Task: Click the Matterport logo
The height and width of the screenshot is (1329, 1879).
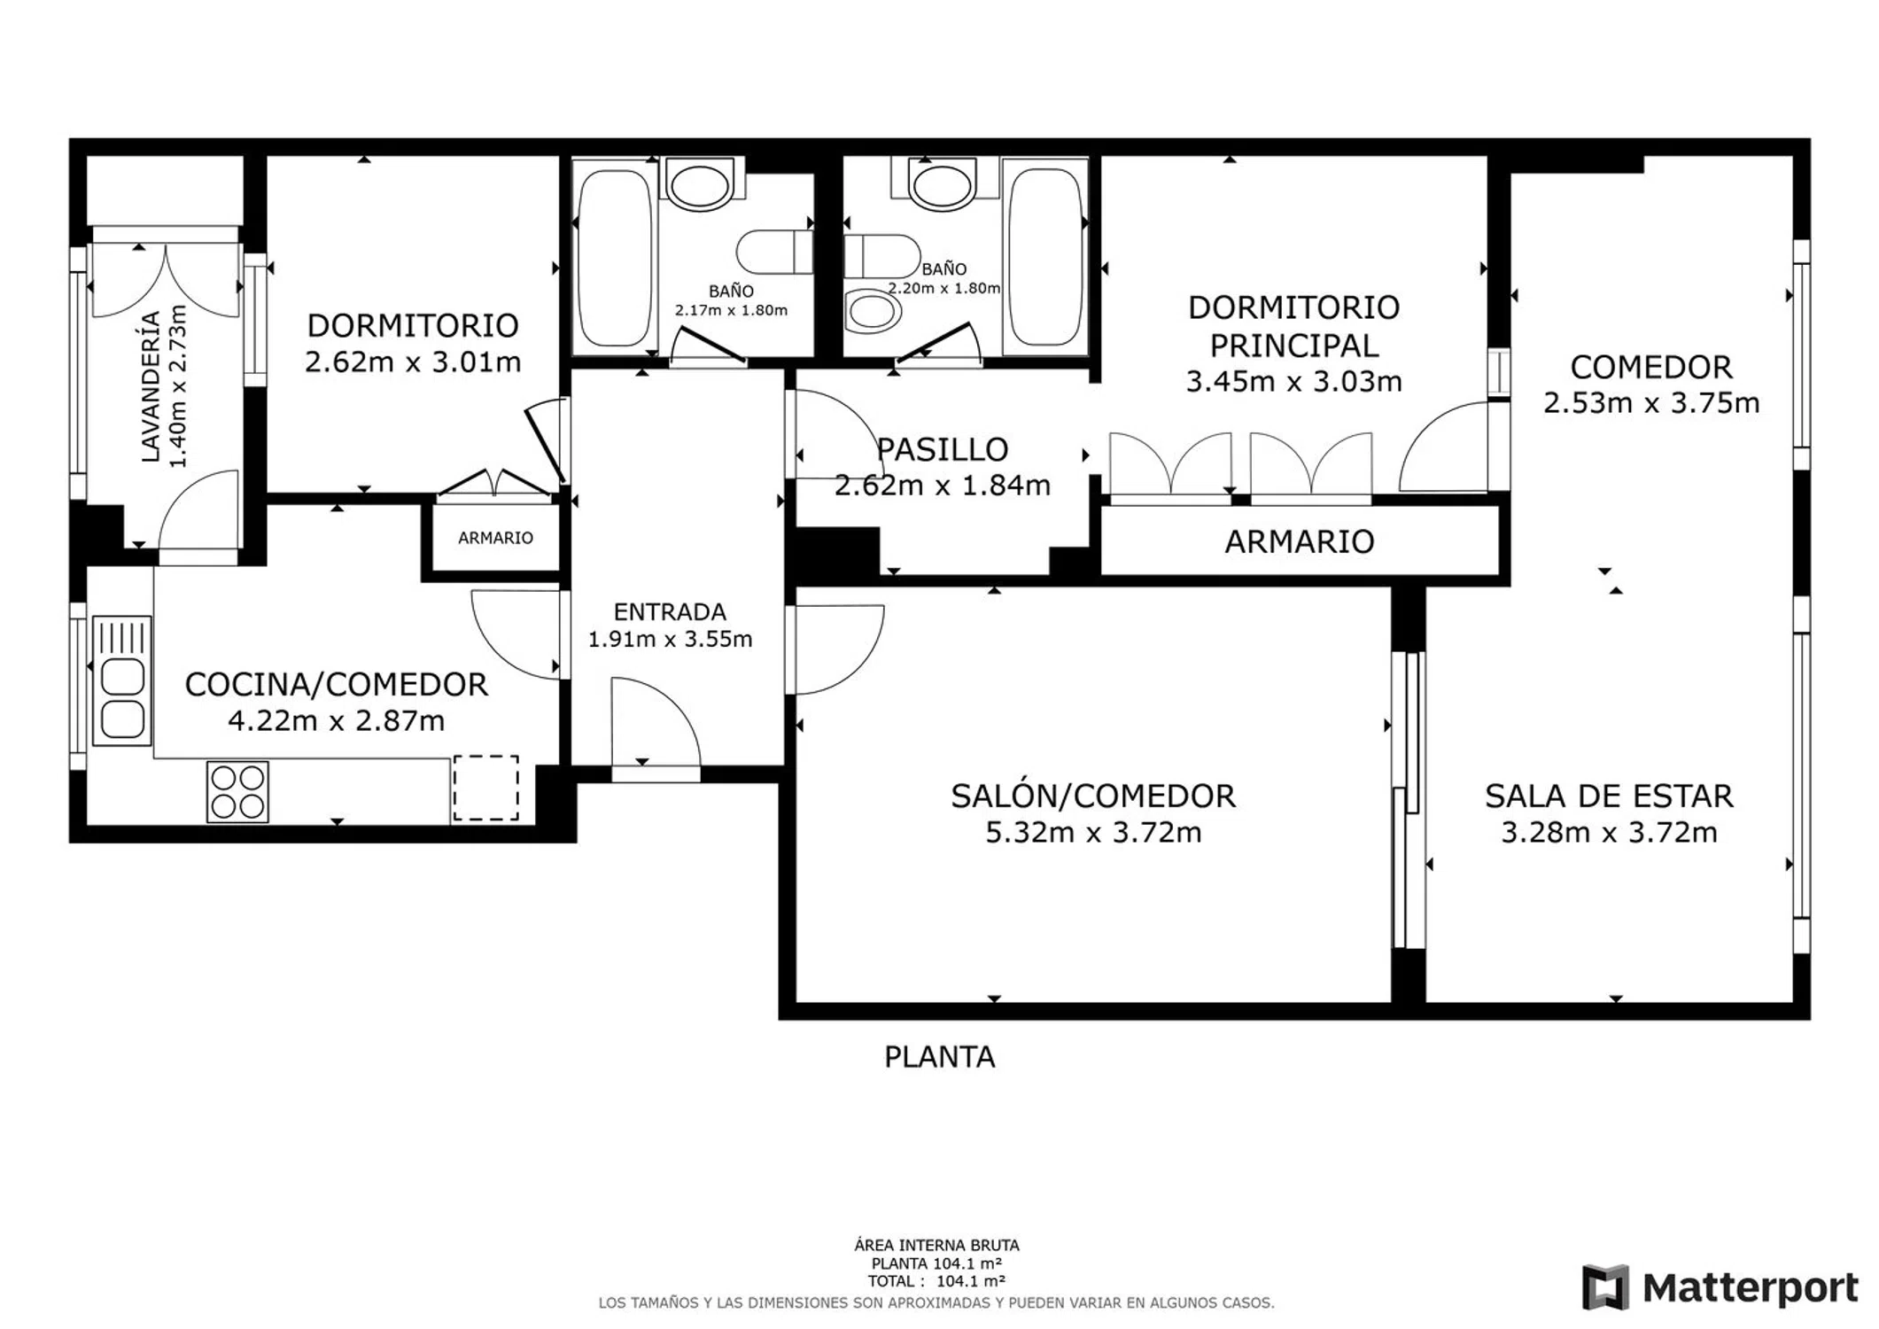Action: click(1720, 1287)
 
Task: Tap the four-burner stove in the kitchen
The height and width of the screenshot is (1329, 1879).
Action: click(237, 792)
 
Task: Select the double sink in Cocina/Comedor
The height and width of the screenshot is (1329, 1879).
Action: click(122, 680)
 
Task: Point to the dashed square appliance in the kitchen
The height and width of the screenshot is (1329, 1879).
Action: click(485, 788)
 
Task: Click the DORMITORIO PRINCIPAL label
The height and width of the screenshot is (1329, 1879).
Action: click(1293, 326)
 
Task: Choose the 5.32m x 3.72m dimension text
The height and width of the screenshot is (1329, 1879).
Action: click(1093, 833)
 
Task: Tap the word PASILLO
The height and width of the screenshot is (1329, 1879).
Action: click(942, 449)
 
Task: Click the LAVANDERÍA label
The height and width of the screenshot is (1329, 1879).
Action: click(151, 386)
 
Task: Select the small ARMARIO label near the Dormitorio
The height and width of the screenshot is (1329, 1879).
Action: click(495, 538)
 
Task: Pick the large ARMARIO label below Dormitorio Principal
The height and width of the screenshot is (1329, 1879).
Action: click(1299, 541)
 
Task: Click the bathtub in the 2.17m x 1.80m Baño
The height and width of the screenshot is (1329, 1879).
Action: click(614, 258)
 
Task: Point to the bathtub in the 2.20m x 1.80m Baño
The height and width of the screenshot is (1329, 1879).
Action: click(1046, 256)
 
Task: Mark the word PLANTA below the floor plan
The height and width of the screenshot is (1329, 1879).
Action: click(939, 1057)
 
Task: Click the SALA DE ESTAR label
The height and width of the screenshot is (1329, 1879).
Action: click(1609, 797)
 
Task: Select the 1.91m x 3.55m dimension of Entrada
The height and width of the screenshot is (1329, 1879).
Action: click(670, 639)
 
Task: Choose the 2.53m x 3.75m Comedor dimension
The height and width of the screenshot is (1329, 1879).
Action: click(1651, 403)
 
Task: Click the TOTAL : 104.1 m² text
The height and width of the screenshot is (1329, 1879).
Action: click(936, 1281)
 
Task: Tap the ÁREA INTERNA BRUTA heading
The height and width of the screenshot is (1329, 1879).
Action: click(936, 1246)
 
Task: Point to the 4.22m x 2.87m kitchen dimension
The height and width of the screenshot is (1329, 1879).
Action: click(337, 721)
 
